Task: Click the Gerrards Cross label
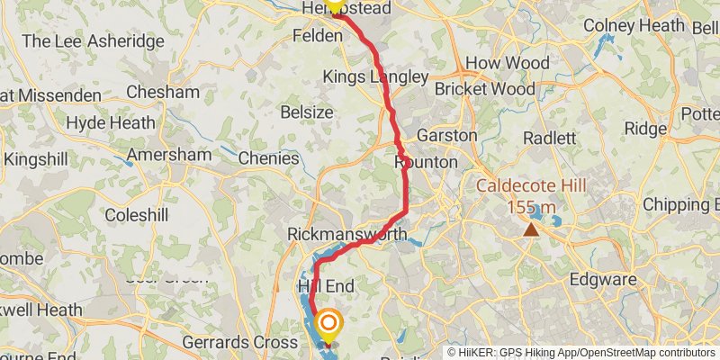click(239, 343)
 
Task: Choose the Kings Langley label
click(375, 77)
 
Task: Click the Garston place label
click(446, 135)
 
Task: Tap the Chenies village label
click(269, 158)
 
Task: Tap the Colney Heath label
click(634, 26)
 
